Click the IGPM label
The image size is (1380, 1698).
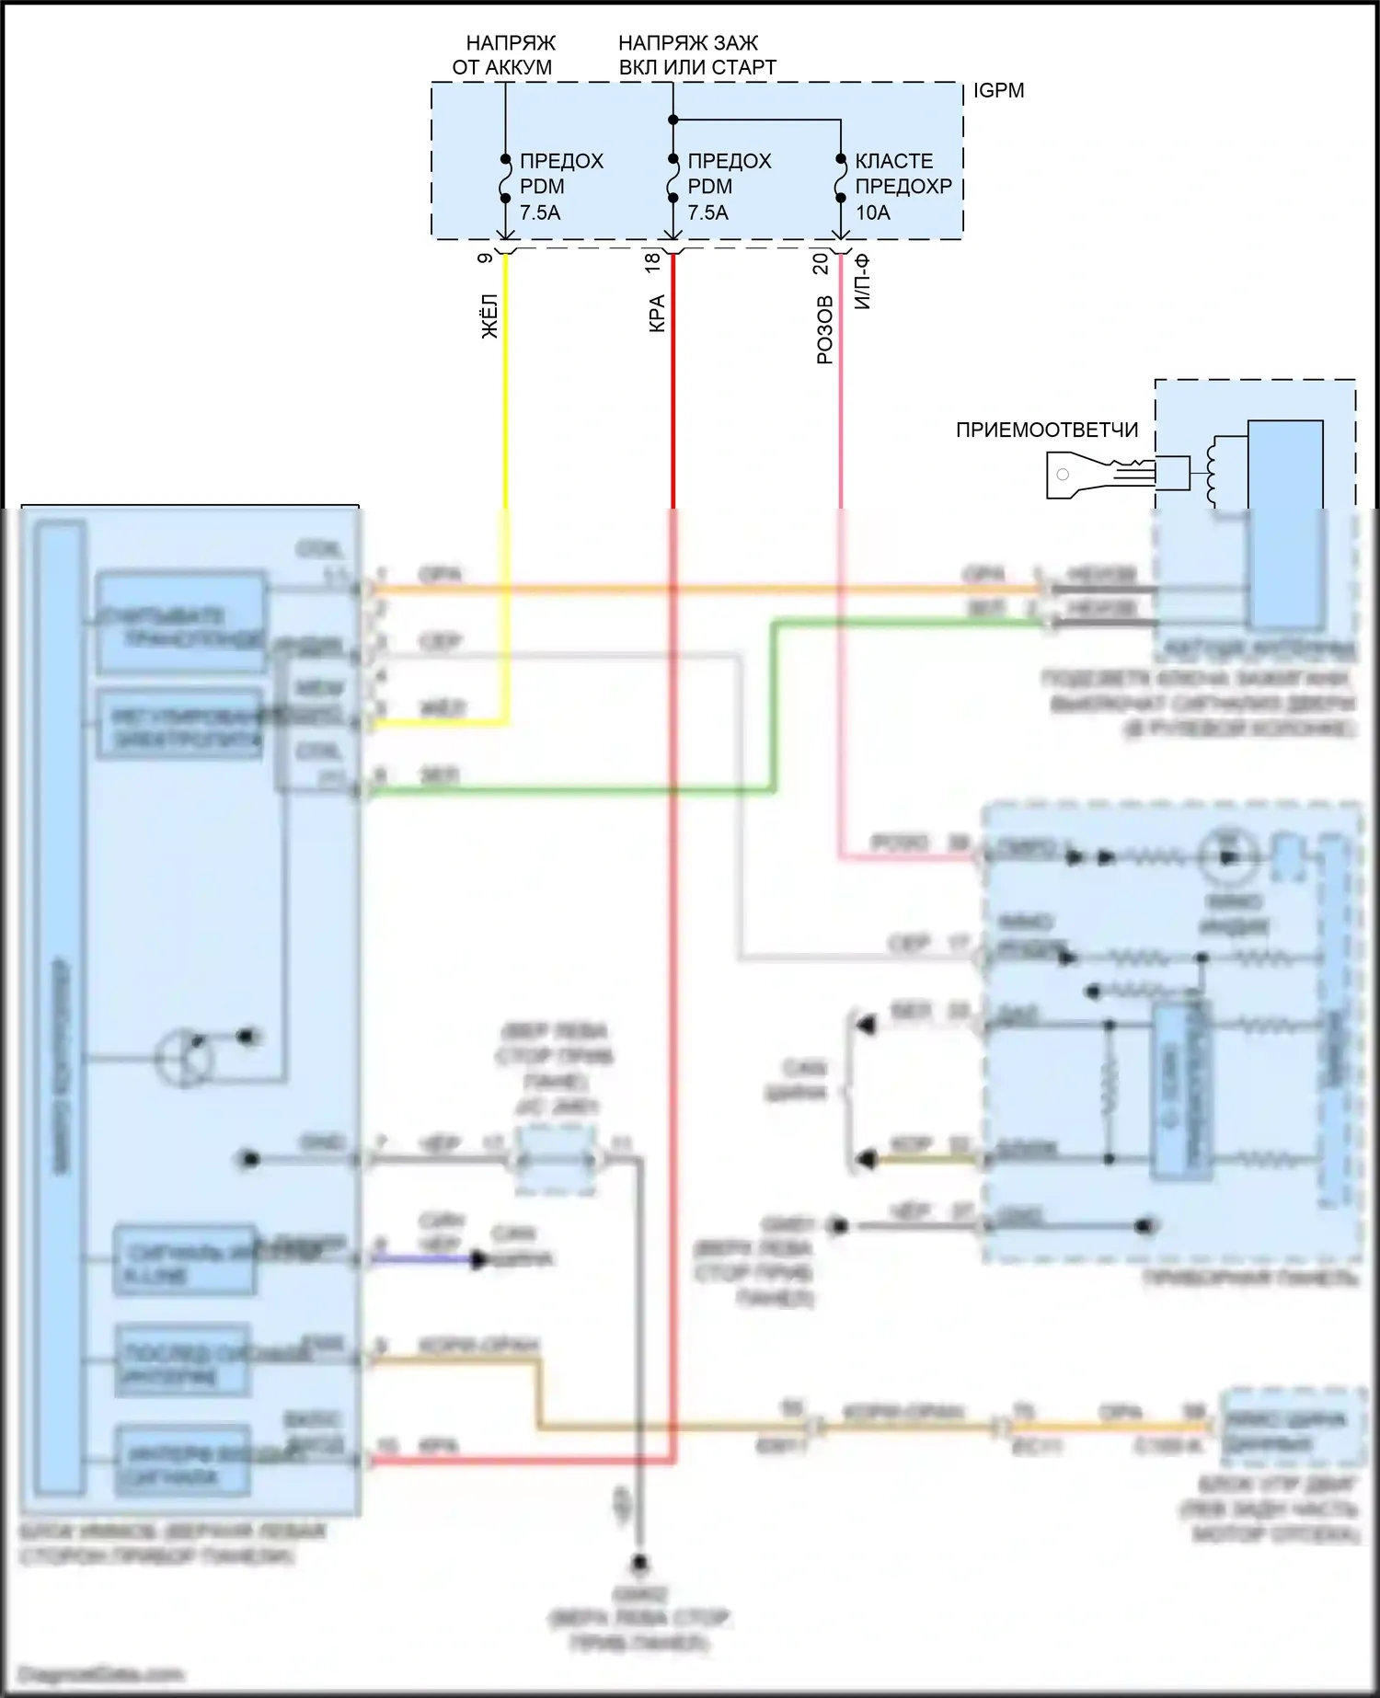998,90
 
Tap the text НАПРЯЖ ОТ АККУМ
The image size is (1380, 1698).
502,55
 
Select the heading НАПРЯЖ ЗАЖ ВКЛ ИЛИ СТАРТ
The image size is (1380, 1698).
696,55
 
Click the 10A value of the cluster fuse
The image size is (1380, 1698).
873,212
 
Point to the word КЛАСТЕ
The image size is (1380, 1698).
893,161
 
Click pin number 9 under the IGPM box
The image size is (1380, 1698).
485,258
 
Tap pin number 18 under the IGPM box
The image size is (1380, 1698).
652,261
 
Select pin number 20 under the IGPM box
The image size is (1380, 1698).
821,263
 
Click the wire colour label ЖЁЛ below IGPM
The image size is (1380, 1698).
490,316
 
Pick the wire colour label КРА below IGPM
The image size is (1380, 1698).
657,313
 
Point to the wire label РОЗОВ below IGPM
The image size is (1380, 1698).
824,329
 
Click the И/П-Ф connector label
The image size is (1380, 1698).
862,281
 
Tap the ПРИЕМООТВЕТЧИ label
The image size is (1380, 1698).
1047,430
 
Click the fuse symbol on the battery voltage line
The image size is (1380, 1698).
505,178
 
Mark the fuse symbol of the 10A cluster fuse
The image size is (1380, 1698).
840,178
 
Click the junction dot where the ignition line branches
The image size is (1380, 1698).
673,120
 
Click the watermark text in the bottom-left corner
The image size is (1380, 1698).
101,1674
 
